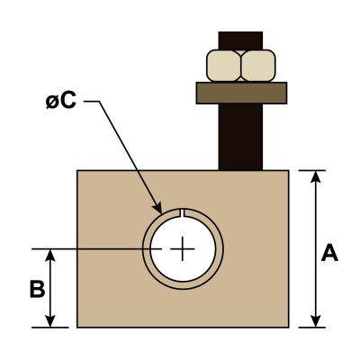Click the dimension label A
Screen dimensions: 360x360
pos(329,253)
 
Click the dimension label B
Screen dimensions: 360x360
pos(38,289)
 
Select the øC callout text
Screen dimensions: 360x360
pos(61,101)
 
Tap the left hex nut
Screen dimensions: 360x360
pos(224,66)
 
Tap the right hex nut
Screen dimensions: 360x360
pos(258,66)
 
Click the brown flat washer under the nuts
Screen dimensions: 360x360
pos(241,93)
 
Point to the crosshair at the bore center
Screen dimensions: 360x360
pos(183,248)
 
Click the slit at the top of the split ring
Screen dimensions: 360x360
pos(183,212)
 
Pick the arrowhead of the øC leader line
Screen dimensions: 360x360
pos(157,208)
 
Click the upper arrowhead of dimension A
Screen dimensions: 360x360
pos(315,177)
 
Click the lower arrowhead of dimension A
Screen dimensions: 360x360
pos(315,320)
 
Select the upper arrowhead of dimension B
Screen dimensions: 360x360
pos(50,256)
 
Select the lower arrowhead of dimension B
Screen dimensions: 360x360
pos(50,320)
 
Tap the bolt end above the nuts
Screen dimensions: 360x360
pos(240,40)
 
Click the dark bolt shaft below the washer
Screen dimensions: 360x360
pos(240,137)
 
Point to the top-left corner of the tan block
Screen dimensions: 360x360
pos(77,170)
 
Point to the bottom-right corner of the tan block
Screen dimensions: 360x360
pos(289,327)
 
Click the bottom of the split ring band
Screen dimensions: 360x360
pos(183,285)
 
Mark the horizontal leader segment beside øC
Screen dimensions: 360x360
pos(92,102)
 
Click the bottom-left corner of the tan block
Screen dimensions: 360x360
pos(77,327)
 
